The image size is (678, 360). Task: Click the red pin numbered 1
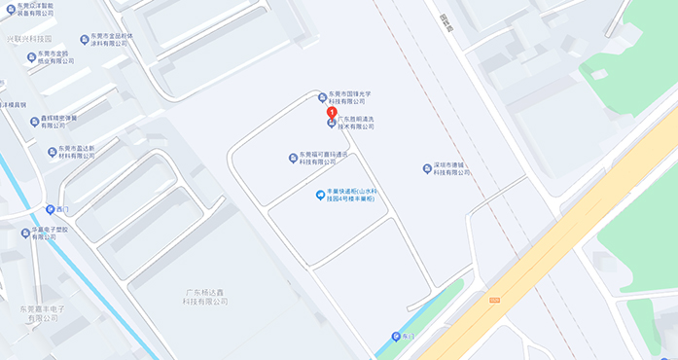tap(332, 113)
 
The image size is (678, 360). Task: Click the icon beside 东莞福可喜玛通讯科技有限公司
tap(293, 158)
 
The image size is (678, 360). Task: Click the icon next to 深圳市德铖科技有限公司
tap(427, 168)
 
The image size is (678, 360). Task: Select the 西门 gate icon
tap(51, 209)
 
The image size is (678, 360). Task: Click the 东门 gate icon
tap(396, 337)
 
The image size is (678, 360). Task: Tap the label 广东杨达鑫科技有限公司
tap(204, 297)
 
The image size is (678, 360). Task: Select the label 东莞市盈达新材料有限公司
tap(77, 152)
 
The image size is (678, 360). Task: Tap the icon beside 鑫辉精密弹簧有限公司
tap(32, 121)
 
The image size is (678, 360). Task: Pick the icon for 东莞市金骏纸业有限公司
tap(29, 54)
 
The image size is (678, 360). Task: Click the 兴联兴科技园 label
tap(29, 39)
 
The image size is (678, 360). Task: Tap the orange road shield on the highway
tap(494, 300)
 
